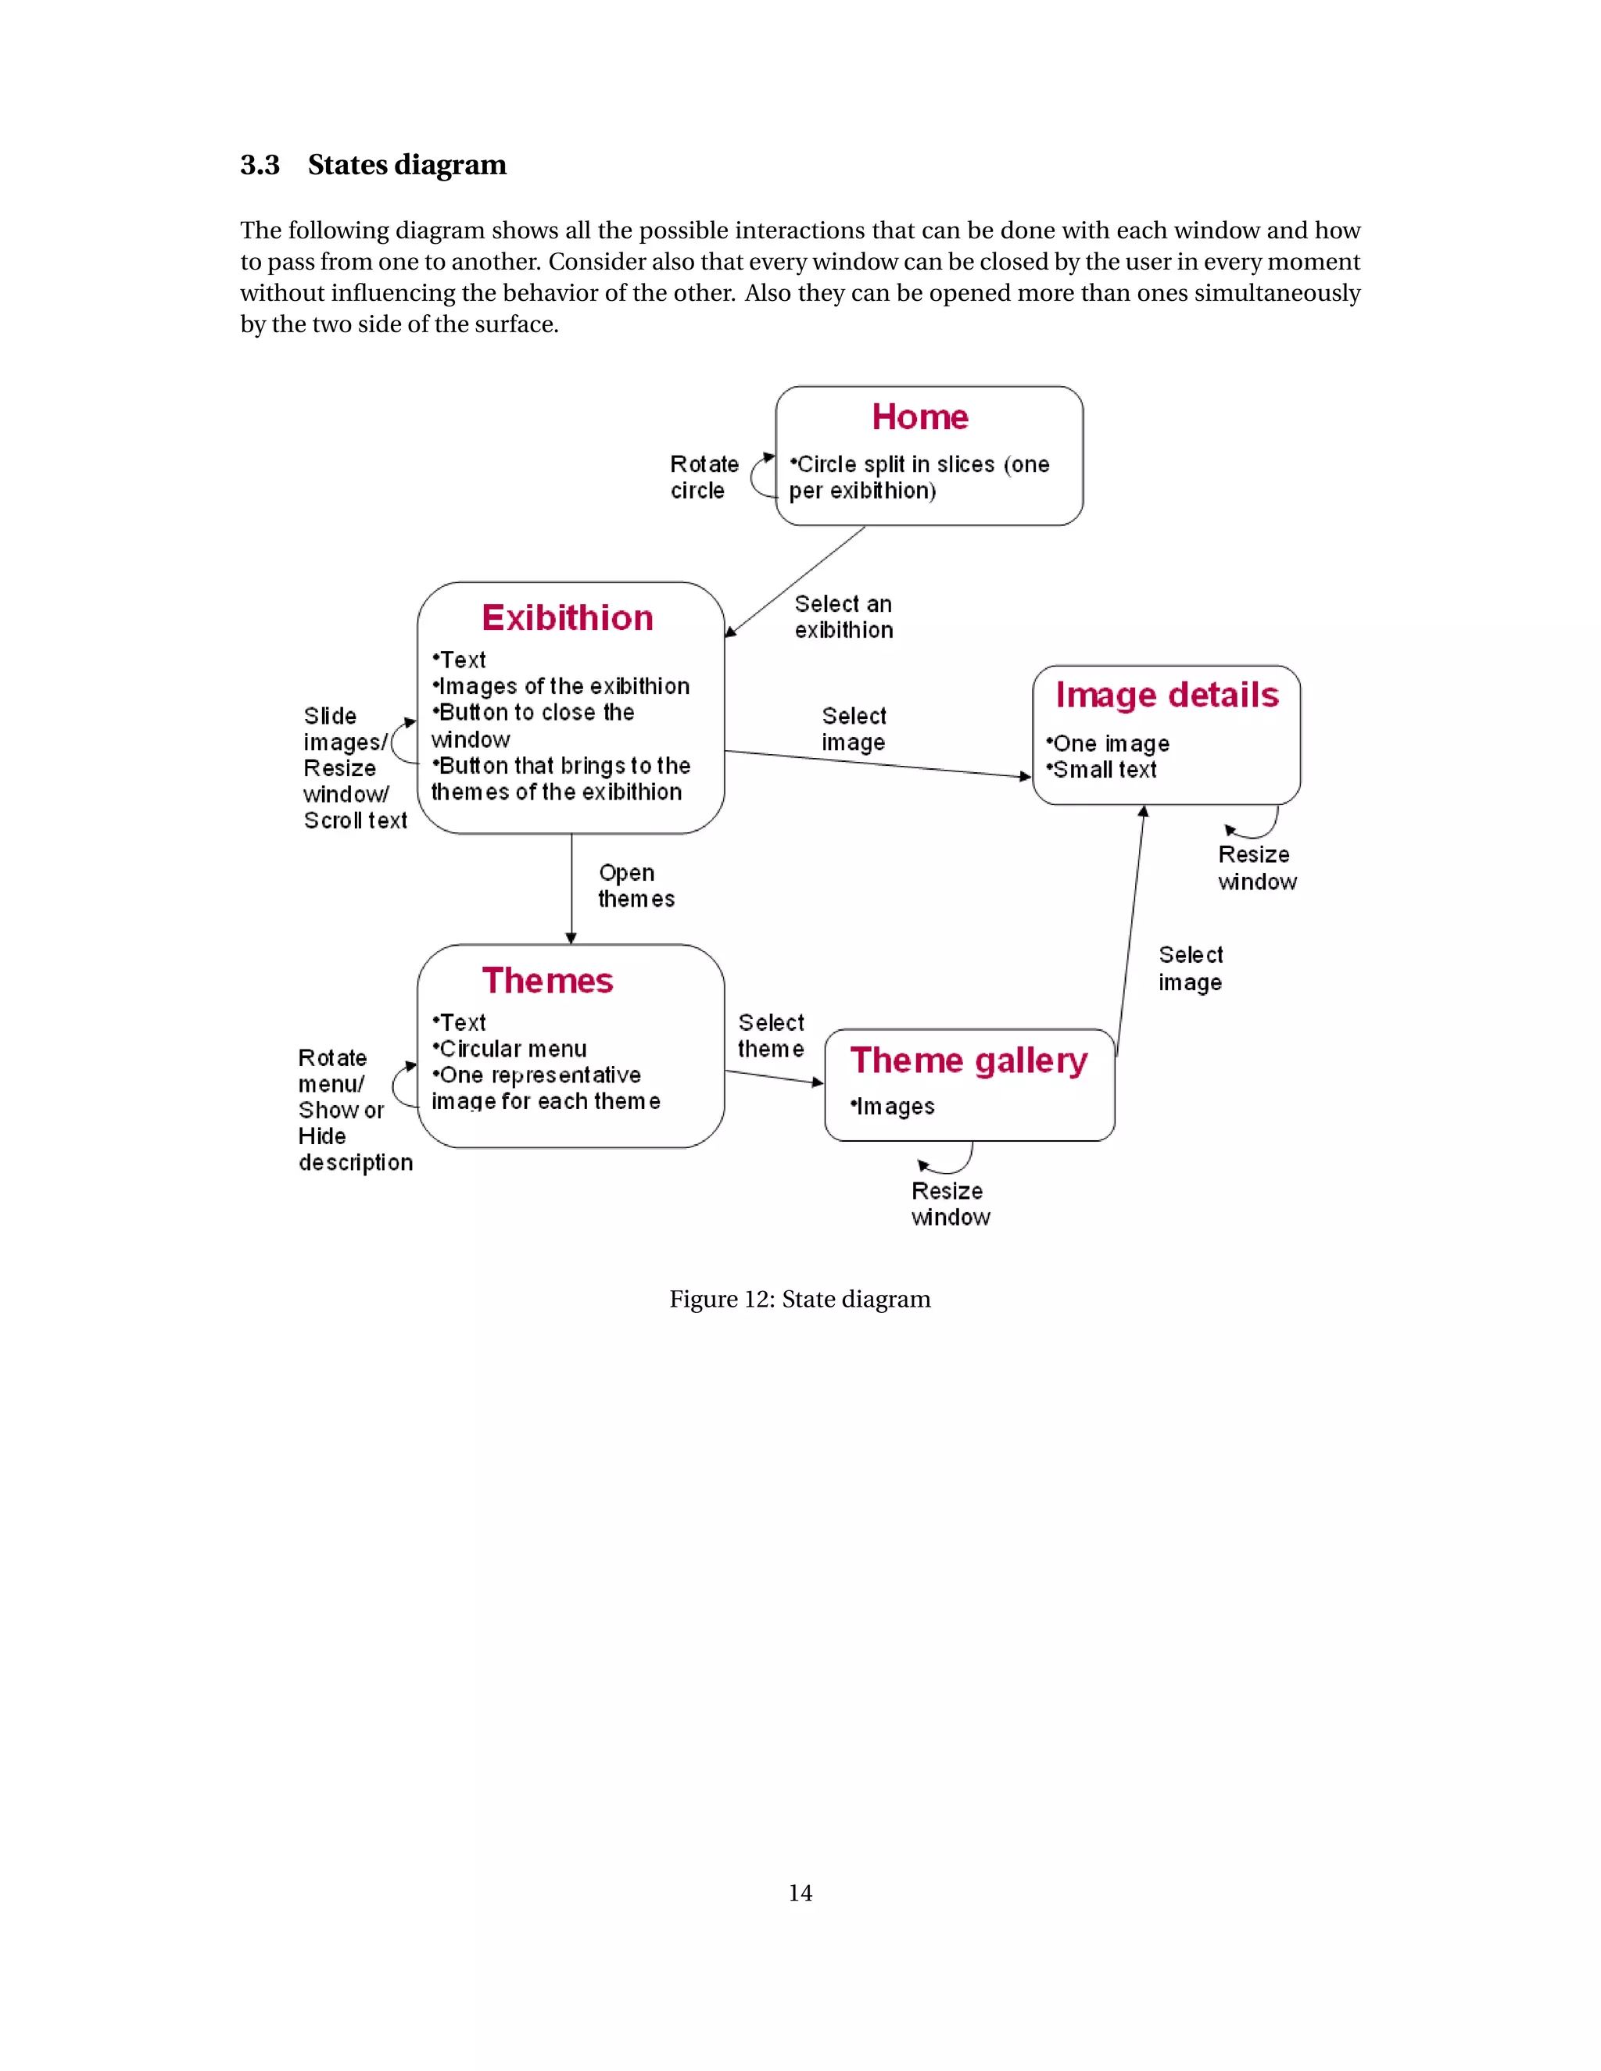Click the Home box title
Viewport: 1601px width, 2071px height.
coord(920,417)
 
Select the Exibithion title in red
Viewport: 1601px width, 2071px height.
coord(568,618)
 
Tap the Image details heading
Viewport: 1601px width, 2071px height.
coord(1166,695)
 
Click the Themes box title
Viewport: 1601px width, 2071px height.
coord(547,981)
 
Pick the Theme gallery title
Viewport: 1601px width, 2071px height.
coord(969,1061)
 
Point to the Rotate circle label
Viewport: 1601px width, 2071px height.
coord(703,477)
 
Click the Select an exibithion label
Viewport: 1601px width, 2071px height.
coord(843,617)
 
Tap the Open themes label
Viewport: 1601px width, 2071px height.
coord(636,885)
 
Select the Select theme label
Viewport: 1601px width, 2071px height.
coord(770,1035)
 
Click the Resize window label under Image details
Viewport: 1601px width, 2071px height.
coord(1257,867)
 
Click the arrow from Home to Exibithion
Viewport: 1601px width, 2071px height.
coord(795,581)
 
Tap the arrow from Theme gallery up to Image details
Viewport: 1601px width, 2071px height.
coord(1130,929)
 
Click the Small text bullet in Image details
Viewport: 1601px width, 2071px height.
coord(1102,770)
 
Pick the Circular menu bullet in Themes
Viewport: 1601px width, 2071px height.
coord(510,1049)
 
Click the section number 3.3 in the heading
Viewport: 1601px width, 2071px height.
coord(259,165)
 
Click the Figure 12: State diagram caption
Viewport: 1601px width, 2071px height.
coord(800,1299)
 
